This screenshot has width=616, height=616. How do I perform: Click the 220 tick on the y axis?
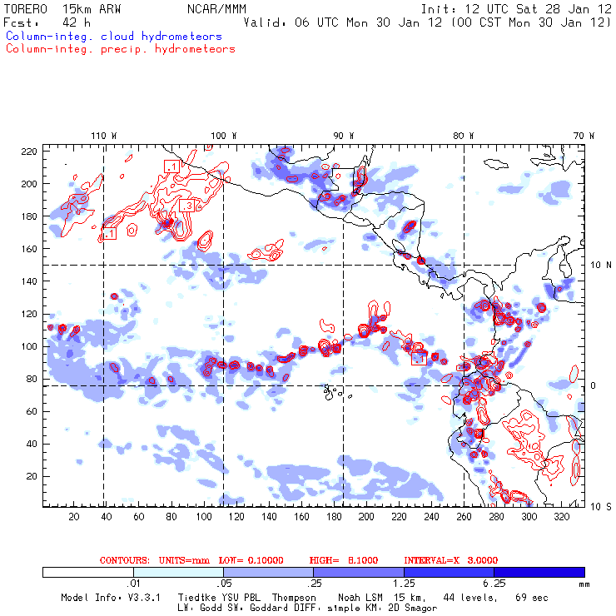(x=29, y=152)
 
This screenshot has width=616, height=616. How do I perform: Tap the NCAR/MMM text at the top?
(x=216, y=8)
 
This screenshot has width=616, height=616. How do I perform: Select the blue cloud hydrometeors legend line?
(x=113, y=37)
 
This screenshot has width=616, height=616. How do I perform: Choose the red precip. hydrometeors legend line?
(x=120, y=49)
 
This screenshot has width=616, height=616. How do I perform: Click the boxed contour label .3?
(x=186, y=206)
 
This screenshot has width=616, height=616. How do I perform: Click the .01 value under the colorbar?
(x=132, y=584)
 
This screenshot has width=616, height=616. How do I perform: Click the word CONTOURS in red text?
(x=124, y=560)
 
